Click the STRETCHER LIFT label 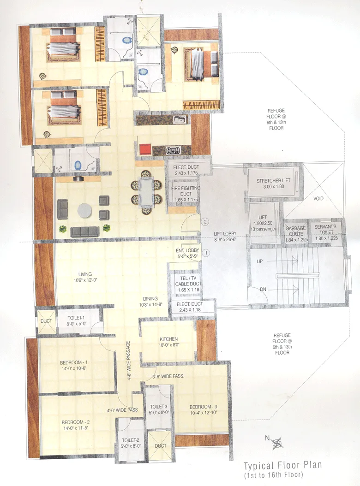pyautogui.click(x=274, y=181)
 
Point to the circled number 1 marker pyautogui.click(x=206, y=252)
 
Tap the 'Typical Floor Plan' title pyautogui.click(x=282, y=466)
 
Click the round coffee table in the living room pyautogui.click(x=85, y=210)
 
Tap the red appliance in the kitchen pyautogui.click(x=145, y=149)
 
